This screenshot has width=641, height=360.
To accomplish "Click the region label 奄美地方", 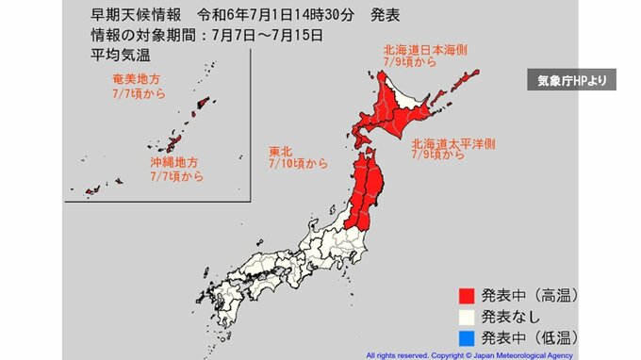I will pyautogui.click(x=137, y=79).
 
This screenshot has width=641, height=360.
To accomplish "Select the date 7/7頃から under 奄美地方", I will pyautogui.click(x=137, y=93).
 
